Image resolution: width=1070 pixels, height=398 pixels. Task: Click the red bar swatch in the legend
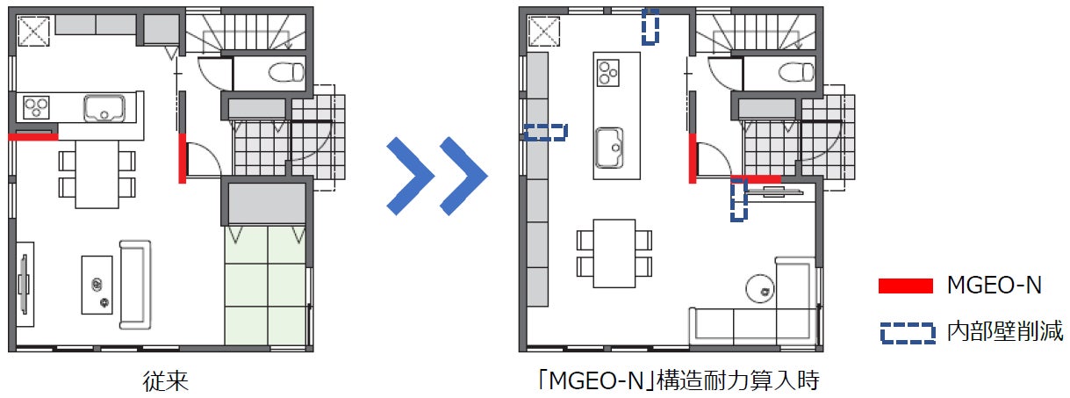[x=906, y=286]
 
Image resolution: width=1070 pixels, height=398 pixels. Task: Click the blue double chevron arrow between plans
[x=436, y=176]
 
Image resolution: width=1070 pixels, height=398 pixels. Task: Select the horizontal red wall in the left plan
[x=33, y=137]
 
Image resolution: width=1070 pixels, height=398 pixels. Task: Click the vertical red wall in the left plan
[x=183, y=158]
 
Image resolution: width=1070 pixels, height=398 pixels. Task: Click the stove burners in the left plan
[x=37, y=107]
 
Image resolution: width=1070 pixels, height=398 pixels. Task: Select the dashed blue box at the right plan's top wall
[x=650, y=26]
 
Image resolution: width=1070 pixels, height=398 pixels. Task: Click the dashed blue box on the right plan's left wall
[x=545, y=133]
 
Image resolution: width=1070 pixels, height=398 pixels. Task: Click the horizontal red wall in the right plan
[x=756, y=179]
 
